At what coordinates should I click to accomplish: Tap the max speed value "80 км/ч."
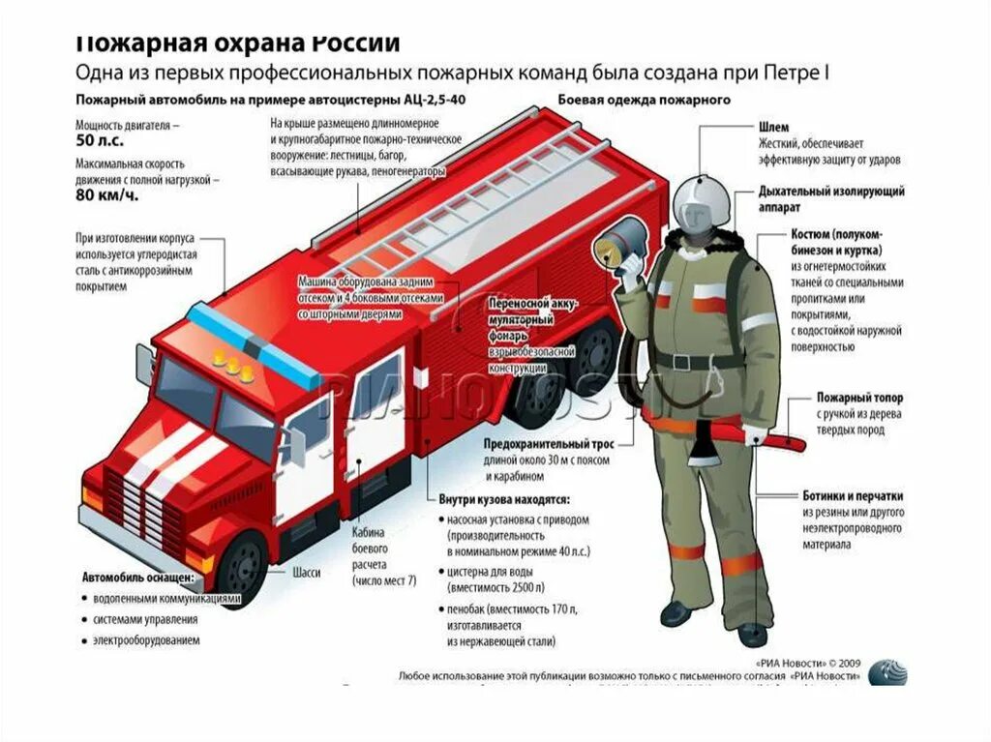tap(106, 195)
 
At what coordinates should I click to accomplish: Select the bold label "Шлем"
tap(773, 128)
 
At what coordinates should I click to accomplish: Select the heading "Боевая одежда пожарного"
tap(644, 100)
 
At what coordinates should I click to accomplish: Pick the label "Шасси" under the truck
tap(306, 572)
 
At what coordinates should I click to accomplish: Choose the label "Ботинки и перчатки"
tap(855, 495)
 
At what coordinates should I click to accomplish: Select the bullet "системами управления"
tap(145, 620)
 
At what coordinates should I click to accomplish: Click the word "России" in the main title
tap(356, 44)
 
